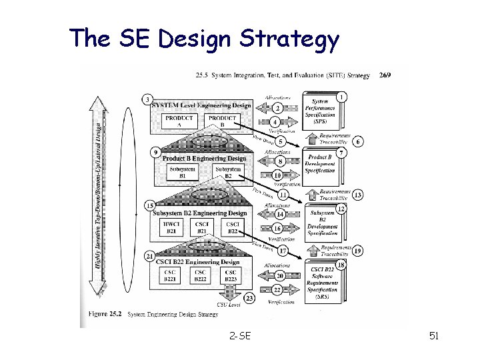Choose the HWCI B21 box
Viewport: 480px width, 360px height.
click(169, 227)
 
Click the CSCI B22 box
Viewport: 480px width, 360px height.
click(233, 227)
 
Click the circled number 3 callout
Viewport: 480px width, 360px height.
click(147, 100)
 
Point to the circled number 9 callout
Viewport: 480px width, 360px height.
click(155, 153)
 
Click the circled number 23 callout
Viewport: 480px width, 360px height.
click(249, 298)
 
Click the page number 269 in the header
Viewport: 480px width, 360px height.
click(385, 75)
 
